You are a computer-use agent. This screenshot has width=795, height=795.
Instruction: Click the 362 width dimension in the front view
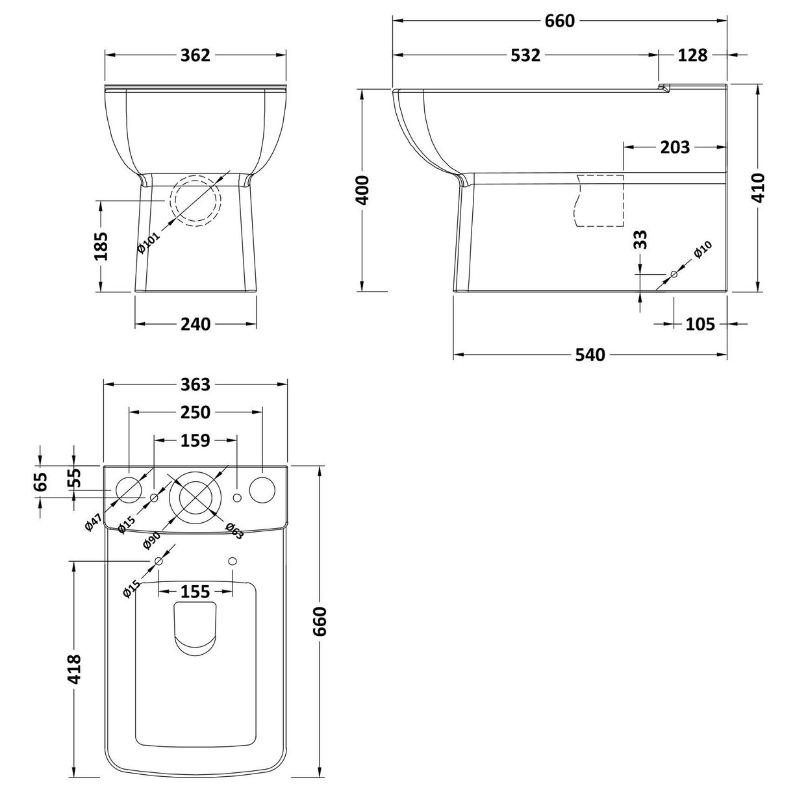[196, 56]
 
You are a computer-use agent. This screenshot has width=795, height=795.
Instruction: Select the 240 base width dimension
[196, 323]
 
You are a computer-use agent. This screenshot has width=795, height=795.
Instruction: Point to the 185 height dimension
[101, 246]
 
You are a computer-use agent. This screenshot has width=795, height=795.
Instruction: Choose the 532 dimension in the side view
[525, 56]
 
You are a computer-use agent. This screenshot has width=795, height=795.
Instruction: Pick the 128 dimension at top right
[692, 56]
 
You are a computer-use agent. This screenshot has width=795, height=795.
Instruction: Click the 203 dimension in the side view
[674, 147]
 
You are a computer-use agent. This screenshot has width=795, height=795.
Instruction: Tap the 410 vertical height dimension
[759, 187]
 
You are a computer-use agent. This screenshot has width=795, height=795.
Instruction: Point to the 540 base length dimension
[590, 355]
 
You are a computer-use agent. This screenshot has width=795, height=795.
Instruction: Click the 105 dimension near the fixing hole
[700, 323]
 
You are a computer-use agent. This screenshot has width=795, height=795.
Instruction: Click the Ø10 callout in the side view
[703, 250]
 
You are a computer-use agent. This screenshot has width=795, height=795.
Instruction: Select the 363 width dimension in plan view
[196, 385]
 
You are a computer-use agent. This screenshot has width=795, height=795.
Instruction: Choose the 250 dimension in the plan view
[196, 412]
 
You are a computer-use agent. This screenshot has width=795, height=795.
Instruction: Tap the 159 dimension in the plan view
[196, 440]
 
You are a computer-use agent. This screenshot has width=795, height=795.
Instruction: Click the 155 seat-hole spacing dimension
[196, 592]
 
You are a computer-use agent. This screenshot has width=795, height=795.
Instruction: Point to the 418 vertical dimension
[75, 668]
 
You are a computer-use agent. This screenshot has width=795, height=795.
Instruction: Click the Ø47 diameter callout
[94, 522]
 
